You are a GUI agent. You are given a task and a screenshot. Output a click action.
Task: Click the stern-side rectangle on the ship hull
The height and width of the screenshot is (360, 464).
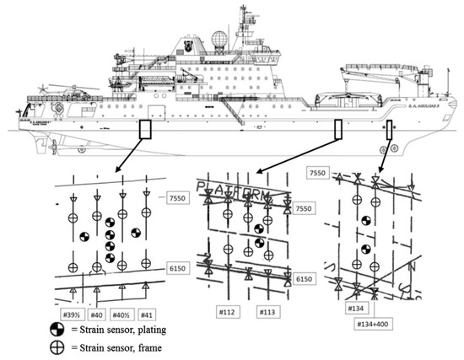click(145, 129)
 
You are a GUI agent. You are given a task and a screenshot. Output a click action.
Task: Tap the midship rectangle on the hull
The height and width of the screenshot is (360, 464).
click(338, 129)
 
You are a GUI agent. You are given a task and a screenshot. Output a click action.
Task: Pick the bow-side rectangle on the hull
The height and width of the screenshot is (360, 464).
click(390, 129)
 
